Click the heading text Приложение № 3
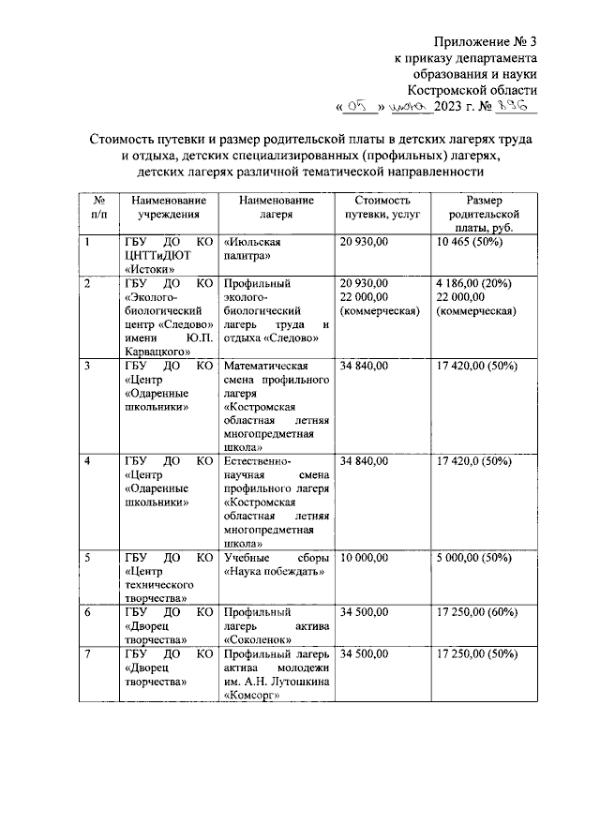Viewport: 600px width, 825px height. click(486, 42)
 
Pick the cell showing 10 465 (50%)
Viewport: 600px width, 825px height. click(470, 241)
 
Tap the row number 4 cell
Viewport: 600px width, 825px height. click(88, 461)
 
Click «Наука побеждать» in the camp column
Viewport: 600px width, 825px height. click(275, 571)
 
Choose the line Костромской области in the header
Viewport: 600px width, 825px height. click(480, 90)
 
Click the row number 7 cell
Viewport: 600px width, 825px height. click(88, 653)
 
